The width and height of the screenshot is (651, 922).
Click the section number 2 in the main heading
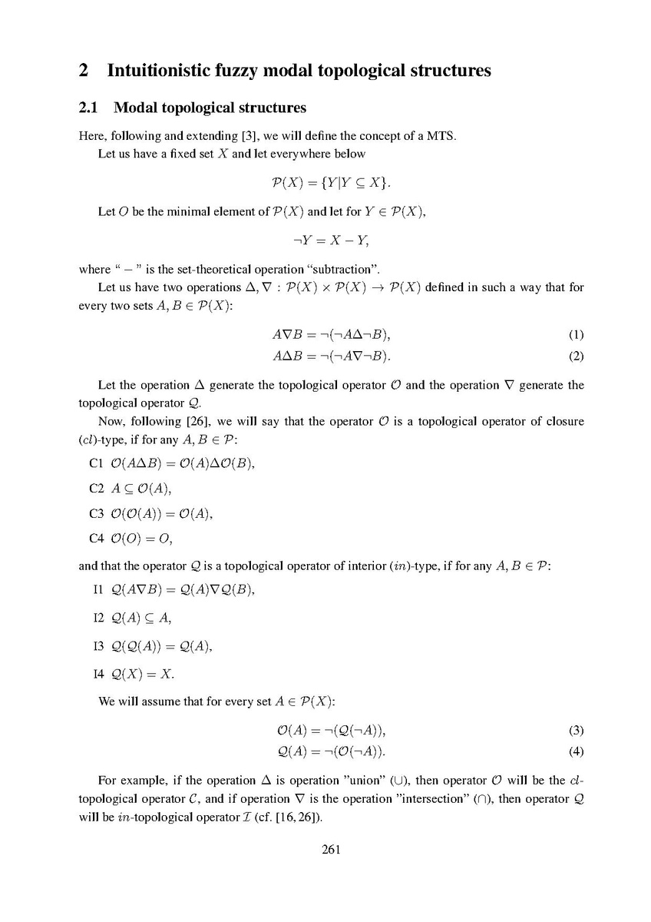(x=84, y=71)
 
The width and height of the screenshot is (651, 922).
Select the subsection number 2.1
(x=90, y=108)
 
